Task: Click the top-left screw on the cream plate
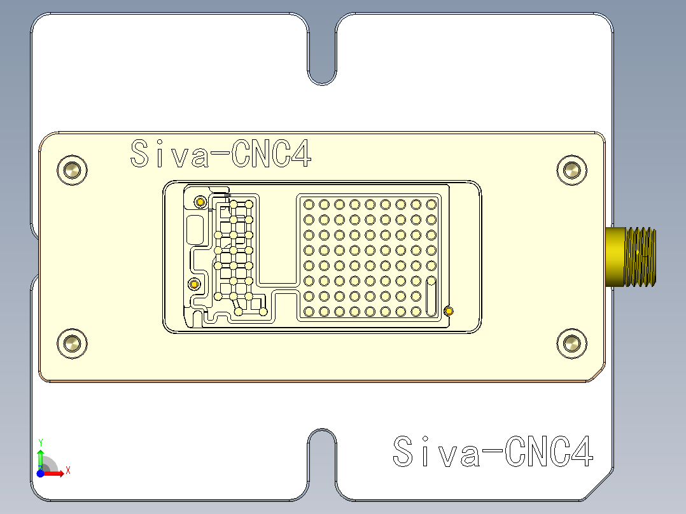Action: click(72, 170)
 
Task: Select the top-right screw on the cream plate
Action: click(571, 170)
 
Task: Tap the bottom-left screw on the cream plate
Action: click(72, 344)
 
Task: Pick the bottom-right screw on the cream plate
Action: click(571, 344)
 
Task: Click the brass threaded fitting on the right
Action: click(631, 257)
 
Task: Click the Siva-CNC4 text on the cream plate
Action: click(220, 154)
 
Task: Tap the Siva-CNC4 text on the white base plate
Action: click(493, 452)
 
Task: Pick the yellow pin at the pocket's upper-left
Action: click(200, 202)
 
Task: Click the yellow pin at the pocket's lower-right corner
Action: click(449, 311)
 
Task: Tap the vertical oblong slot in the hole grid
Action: click(431, 296)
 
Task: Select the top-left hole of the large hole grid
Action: click(309, 204)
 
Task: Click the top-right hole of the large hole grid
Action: click(431, 204)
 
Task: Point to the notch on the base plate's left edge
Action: click(36, 257)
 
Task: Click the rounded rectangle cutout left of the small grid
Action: click(195, 230)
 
